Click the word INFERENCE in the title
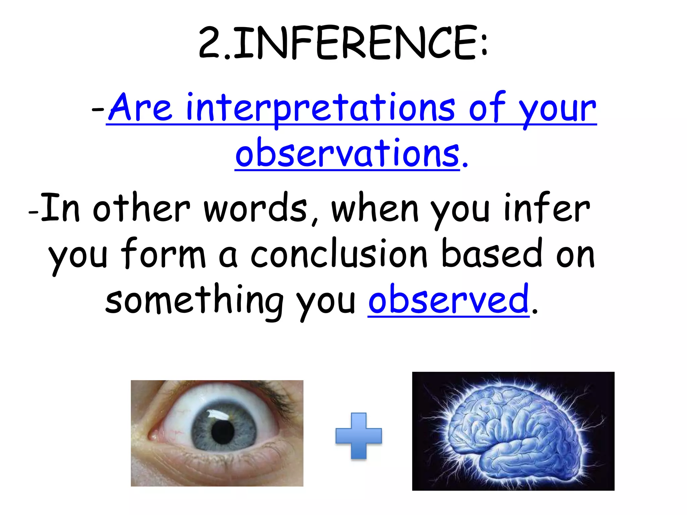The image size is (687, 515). [356, 44]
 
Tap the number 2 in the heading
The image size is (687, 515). [210, 44]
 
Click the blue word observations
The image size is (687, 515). [347, 153]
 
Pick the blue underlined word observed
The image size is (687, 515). [448, 299]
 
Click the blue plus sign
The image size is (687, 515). [359, 436]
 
